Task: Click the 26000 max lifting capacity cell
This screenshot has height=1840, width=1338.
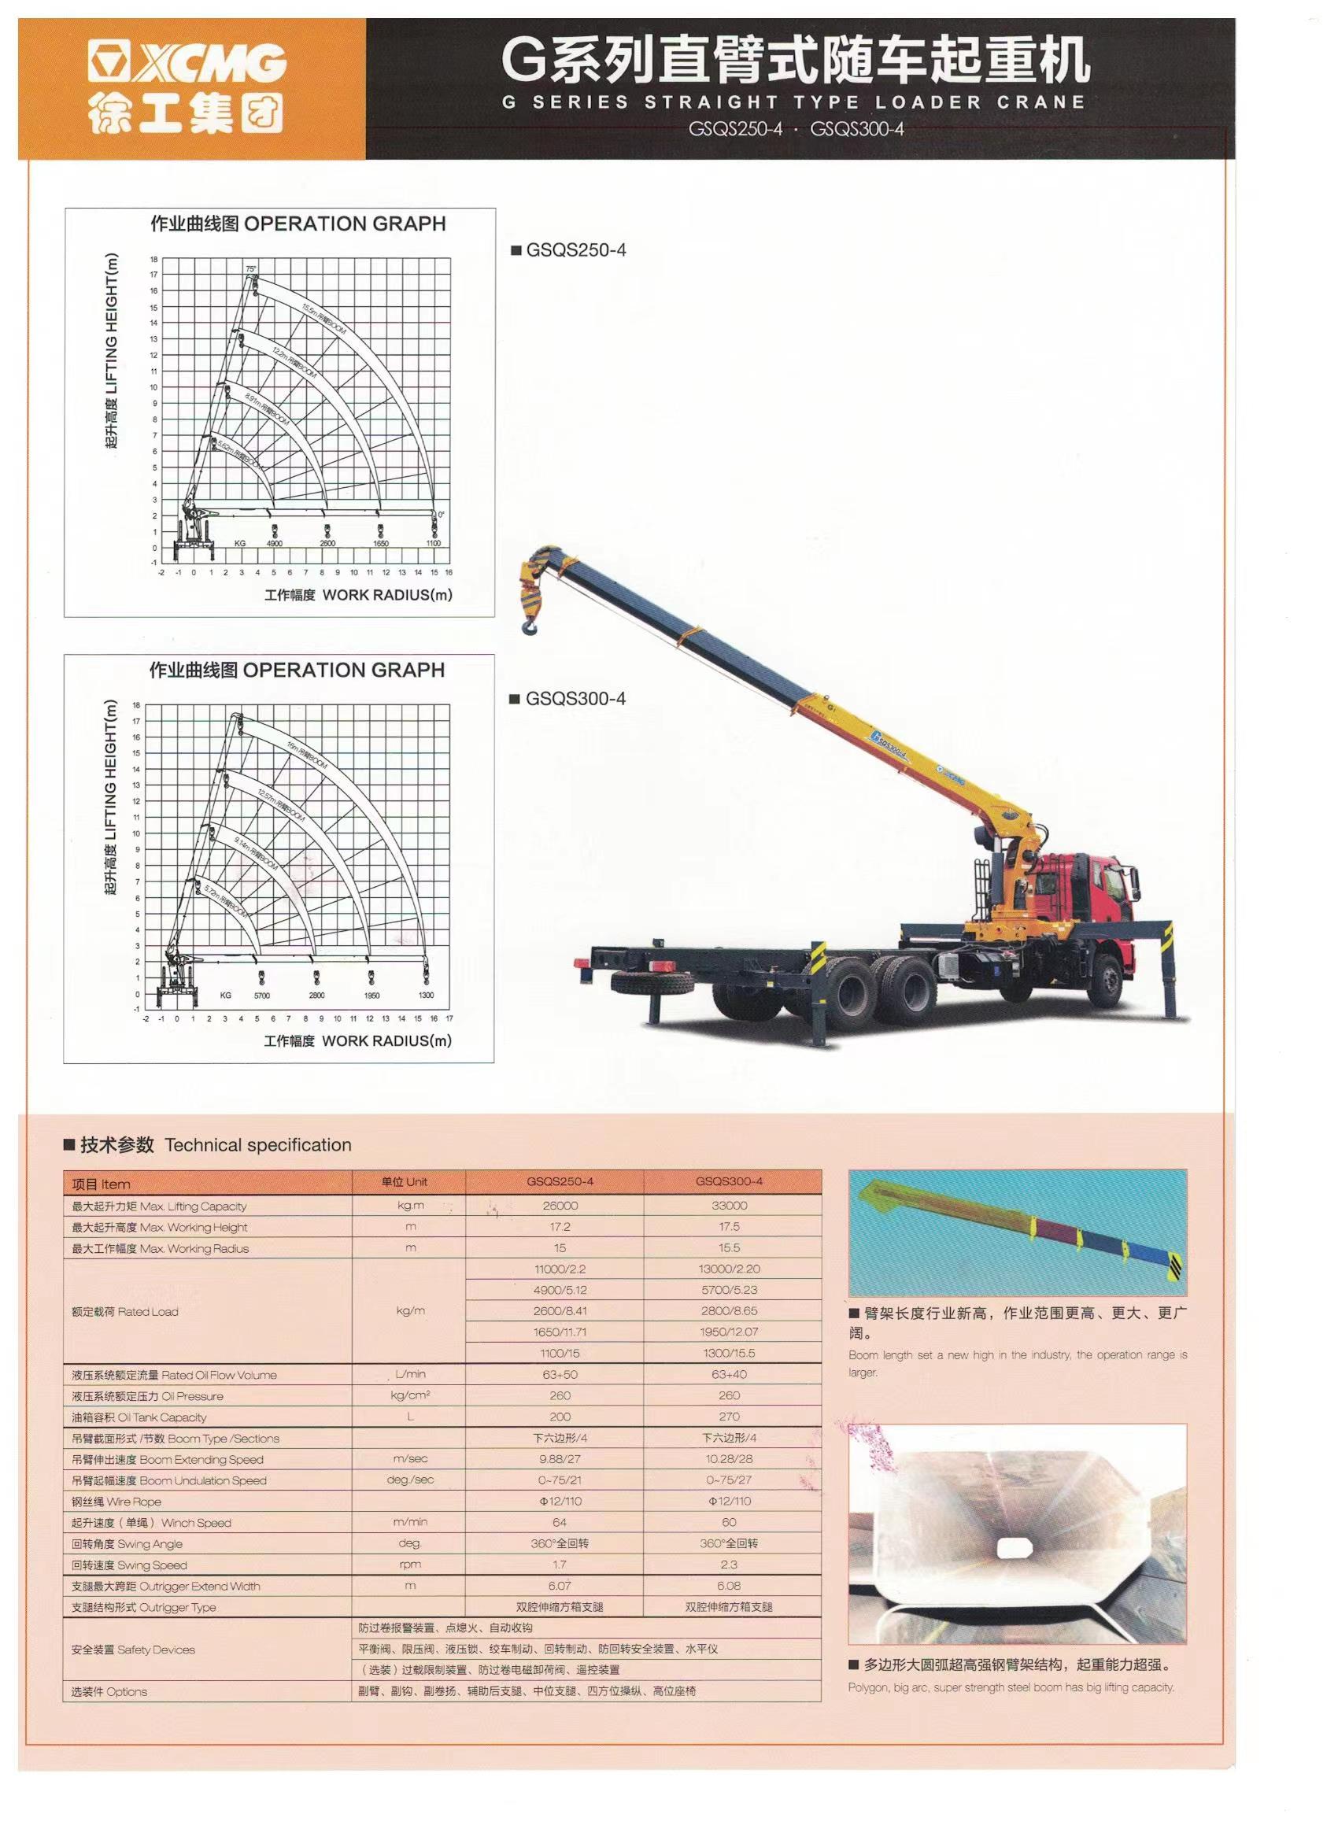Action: (560, 1206)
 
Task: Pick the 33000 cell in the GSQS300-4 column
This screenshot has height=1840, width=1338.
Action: (729, 1206)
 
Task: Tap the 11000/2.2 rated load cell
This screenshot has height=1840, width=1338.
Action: (560, 1269)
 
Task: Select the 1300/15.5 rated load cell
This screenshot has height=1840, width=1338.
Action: (729, 1353)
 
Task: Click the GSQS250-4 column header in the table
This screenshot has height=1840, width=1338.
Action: (560, 1181)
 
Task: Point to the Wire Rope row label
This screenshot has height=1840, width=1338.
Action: (116, 1502)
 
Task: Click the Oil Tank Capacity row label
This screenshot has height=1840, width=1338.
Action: (139, 1417)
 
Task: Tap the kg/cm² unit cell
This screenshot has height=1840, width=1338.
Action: (410, 1395)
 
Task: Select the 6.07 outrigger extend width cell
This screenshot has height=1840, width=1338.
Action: (560, 1585)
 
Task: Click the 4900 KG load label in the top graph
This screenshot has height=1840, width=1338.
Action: (274, 544)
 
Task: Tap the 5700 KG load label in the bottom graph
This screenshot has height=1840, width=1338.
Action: (261, 995)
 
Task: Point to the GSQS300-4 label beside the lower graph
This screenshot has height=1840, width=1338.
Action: (575, 699)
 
